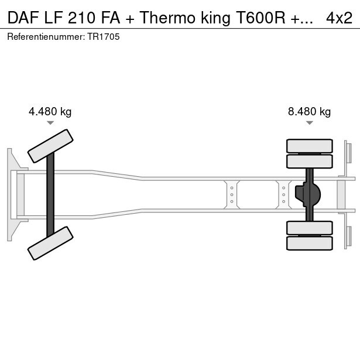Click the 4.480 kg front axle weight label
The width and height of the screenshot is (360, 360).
pyautogui.click(x=50, y=112)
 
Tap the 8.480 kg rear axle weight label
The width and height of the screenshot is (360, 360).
pyautogui.click(x=309, y=112)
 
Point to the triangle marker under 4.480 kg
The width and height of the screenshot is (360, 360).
pyautogui.click(x=50, y=122)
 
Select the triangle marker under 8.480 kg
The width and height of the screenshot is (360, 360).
pyautogui.click(x=309, y=122)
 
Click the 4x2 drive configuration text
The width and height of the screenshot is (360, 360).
pyautogui.click(x=339, y=18)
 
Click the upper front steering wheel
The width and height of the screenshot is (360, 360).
pyautogui.click(x=51, y=146)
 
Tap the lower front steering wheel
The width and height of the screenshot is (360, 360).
pyautogui.click(x=51, y=243)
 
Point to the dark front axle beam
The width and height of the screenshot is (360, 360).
pyautogui.click(x=50, y=194)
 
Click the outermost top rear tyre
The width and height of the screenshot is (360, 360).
pyautogui.click(x=309, y=145)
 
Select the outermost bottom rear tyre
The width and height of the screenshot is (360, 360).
pyautogui.click(x=309, y=243)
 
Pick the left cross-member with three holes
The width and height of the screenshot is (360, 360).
pyautogui.click(x=232, y=194)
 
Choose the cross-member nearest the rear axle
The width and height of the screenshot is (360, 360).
pyautogui.click(x=284, y=194)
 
